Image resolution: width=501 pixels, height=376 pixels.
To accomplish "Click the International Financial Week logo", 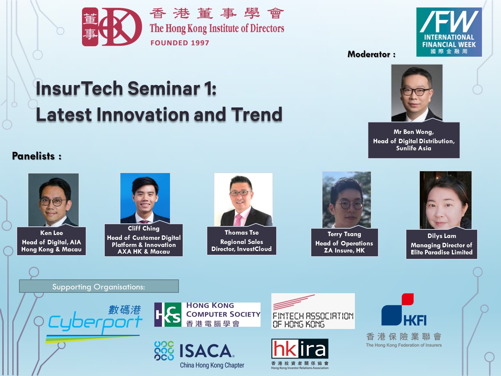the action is (449, 32).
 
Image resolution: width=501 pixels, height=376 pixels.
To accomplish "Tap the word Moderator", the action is (369, 54).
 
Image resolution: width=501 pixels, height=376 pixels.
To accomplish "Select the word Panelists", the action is (33, 156).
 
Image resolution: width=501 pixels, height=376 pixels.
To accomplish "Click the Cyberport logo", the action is (94, 325).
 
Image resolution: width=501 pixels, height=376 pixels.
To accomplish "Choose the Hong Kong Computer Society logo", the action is (207, 314).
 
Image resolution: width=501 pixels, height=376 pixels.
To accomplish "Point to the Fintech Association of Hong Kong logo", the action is (313, 311).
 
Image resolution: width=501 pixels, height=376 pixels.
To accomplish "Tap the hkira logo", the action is (300, 354).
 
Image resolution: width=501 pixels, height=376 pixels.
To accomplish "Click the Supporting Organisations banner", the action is (99, 286).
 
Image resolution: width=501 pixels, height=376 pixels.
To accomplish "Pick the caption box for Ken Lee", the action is (51, 241).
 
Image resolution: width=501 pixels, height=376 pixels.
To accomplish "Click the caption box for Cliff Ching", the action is (144, 240).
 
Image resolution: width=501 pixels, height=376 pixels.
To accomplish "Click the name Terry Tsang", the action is (344, 234).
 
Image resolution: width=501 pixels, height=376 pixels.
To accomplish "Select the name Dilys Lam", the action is (442, 236).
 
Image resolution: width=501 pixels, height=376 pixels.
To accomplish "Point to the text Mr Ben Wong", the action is (413, 132).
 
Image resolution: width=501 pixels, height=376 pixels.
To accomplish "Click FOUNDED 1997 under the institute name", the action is (180, 43).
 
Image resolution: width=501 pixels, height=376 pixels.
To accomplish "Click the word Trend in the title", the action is (257, 114).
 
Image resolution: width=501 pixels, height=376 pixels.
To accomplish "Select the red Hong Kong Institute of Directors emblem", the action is (112, 27).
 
